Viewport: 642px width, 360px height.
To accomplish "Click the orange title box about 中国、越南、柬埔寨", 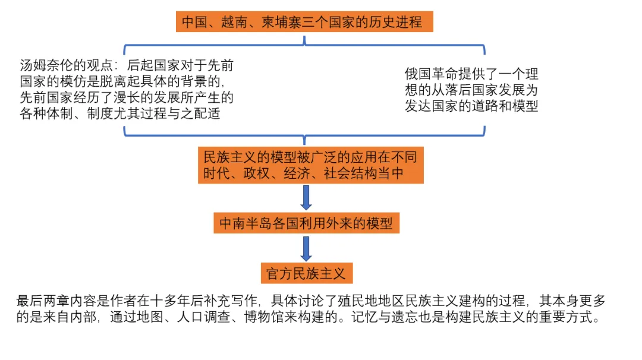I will [x=304, y=23].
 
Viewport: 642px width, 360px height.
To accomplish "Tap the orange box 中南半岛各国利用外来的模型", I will [x=306, y=224].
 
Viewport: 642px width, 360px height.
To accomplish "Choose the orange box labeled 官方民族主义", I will [x=306, y=273].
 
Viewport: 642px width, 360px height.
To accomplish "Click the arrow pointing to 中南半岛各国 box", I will [x=306, y=197].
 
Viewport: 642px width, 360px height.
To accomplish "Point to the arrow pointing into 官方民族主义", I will [x=306, y=248].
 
